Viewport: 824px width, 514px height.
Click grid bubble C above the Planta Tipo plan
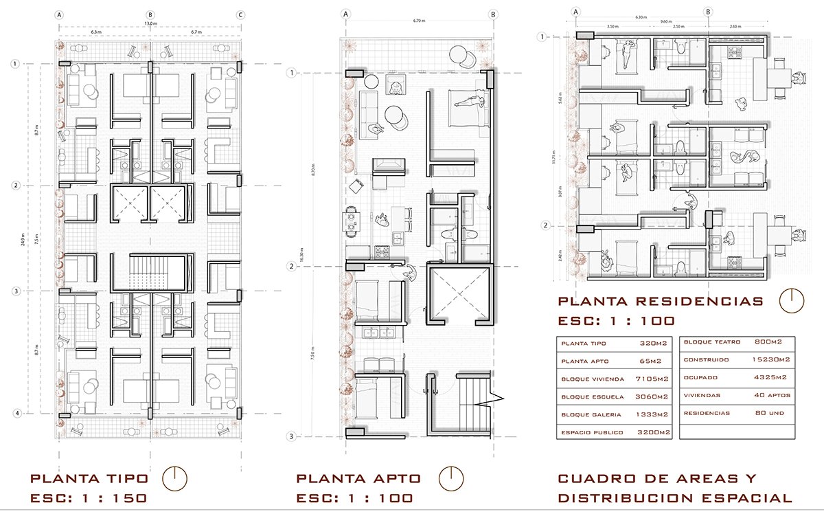[240, 14]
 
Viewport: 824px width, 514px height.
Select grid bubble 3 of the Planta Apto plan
[291, 436]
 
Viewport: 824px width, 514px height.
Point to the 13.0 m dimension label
[149, 24]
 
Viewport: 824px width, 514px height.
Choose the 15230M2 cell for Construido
[770, 359]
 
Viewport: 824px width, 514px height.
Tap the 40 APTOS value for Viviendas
[770, 395]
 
